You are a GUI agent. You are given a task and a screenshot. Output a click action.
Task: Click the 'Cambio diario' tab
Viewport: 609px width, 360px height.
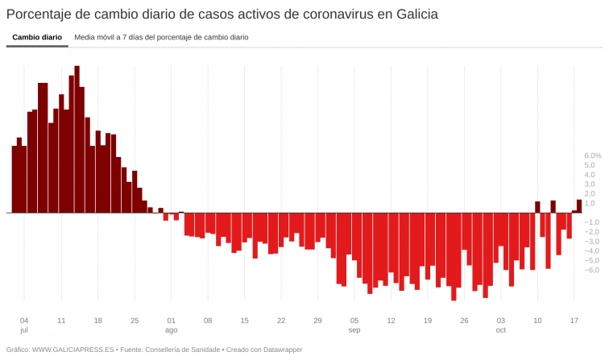pyautogui.click(x=37, y=37)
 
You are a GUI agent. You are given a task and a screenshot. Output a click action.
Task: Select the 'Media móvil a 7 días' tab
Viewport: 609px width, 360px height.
pyautogui.click(x=161, y=37)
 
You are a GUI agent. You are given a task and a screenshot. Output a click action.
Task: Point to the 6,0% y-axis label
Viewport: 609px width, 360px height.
pyautogui.click(x=592, y=155)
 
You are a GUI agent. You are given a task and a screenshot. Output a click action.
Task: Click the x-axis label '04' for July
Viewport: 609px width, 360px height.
pyautogui.click(x=24, y=320)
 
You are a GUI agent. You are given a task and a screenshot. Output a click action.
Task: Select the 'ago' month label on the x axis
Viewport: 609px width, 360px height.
pyautogui.click(x=171, y=330)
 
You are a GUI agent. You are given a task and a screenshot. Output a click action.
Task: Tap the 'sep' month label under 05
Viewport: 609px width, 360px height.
pyautogui.click(x=354, y=330)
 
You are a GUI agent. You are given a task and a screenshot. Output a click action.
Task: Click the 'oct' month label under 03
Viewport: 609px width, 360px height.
pyautogui.click(x=501, y=330)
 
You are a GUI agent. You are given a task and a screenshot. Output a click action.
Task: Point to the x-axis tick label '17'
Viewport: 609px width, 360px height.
pyautogui.click(x=574, y=320)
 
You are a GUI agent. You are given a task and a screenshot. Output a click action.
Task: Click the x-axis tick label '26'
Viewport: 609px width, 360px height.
pyautogui.click(x=464, y=320)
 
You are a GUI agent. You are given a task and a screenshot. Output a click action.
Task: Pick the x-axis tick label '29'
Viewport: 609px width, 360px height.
pyautogui.click(x=317, y=320)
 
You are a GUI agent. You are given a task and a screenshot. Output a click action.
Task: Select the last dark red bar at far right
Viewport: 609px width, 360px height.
pyautogui.click(x=578, y=206)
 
